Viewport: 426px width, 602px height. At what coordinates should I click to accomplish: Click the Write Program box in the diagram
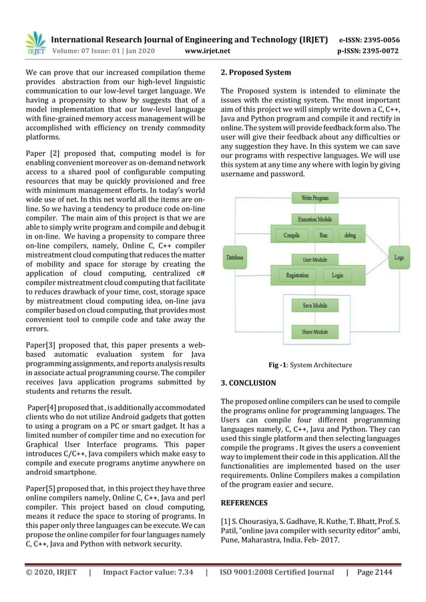tap(314, 198)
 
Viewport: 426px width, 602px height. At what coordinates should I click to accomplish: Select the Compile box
tap(291, 236)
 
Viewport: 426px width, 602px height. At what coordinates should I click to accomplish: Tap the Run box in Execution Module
tap(324, 236)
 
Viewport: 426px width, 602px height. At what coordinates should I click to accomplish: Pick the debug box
tap(349, 236)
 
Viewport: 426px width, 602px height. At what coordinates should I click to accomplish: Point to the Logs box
tap(399, 256)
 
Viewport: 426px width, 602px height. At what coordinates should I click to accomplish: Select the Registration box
tap(296, 275)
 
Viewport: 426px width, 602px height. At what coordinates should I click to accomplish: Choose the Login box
tap(337, 275)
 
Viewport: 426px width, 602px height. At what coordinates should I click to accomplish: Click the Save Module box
tap(314, 305)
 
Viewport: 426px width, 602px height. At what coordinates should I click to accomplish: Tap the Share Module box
tap(314, 331)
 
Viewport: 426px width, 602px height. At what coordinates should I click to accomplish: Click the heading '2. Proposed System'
tap(256, 72)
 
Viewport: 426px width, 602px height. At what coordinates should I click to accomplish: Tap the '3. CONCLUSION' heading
tap(248, 383)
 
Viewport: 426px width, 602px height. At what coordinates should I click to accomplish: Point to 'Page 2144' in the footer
tap(379, 572)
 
